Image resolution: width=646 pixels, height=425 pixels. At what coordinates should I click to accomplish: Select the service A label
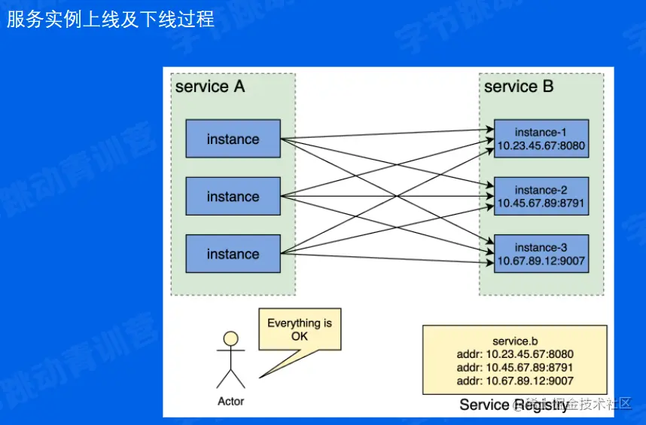(210, 87)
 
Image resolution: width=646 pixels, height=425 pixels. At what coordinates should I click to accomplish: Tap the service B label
(519, 87)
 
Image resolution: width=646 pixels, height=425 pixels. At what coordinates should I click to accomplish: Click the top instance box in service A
(233, 139)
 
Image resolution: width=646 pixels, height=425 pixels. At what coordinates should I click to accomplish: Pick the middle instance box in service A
(233, 197)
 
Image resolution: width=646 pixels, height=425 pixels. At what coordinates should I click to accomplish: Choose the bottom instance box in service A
(233, 254)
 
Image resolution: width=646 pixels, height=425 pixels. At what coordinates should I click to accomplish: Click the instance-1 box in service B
(541, 139)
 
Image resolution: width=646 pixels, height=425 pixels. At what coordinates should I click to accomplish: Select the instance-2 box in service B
(541, 197)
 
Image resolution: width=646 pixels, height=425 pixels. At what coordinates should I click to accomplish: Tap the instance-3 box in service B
(541, 254)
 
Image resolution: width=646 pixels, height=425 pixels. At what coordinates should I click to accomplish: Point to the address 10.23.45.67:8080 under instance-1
(541, 145)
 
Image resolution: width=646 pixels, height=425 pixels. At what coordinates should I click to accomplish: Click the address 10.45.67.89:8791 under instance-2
(541, 203)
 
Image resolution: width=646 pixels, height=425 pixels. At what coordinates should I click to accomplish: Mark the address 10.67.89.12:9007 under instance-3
(541, 261)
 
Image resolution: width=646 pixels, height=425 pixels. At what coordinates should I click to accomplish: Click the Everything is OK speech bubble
(300, 329)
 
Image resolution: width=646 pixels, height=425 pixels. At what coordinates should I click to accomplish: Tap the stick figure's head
(231, 338)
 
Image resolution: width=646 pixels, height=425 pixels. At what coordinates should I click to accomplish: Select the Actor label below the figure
(231, 401)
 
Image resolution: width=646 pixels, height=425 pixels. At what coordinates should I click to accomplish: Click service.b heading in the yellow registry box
(515, 341)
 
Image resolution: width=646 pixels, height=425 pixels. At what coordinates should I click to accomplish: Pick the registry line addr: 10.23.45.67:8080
(515, 354)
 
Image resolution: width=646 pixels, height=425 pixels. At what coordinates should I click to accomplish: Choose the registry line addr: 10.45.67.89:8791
(515, 368)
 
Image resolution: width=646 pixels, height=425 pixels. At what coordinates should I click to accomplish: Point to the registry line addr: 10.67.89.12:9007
(515, 381)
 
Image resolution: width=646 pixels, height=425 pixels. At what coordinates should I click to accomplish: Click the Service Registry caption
(514, 405)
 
